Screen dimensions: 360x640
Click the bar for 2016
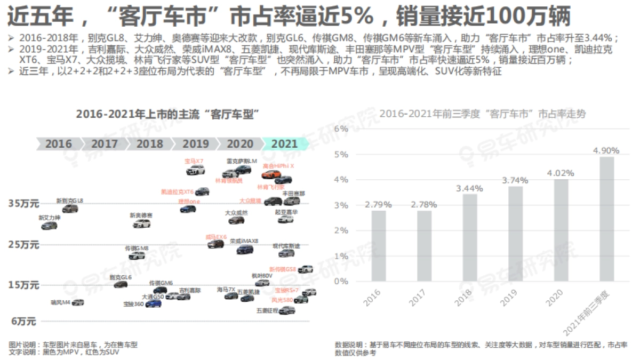coord(378,245)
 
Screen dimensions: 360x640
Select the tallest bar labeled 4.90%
coord(606,219)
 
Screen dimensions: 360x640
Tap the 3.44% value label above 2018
coord(469,188)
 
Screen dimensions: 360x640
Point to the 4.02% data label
coord(561,173)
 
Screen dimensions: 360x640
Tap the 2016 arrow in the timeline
coord(58,143)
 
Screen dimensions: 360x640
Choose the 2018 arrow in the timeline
coord(149,143)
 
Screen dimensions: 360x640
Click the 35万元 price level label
coord(24,204)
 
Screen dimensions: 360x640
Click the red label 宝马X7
coord(194,161)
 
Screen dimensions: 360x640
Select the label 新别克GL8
coord(70,201)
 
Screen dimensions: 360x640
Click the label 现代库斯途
coord(286,246)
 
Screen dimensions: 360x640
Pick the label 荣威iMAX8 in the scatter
coord(244,241)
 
